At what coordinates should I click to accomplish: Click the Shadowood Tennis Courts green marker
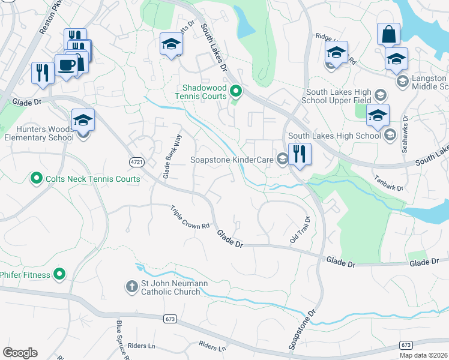236,91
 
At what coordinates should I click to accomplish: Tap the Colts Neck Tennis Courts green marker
35,178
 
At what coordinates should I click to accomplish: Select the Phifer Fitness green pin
59,274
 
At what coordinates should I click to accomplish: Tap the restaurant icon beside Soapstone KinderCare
299,154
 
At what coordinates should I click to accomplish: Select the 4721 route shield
136,162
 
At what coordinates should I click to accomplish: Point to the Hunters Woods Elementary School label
37,132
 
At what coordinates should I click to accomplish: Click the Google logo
20,353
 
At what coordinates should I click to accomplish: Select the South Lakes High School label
334,136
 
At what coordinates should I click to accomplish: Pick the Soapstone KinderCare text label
232,160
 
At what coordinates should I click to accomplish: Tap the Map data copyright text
423,355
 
